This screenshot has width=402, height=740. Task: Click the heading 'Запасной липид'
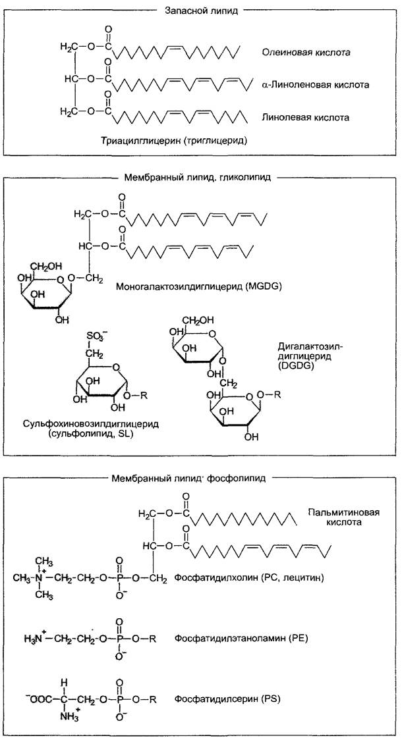201,11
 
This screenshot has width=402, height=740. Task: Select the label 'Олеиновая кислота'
306,53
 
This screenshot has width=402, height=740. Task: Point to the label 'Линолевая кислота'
306,117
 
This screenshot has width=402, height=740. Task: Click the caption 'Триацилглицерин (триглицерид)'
175,141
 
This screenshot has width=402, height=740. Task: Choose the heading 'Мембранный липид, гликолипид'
196,178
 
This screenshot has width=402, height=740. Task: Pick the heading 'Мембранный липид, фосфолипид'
188,478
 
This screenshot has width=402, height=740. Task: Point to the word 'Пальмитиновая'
344,512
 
